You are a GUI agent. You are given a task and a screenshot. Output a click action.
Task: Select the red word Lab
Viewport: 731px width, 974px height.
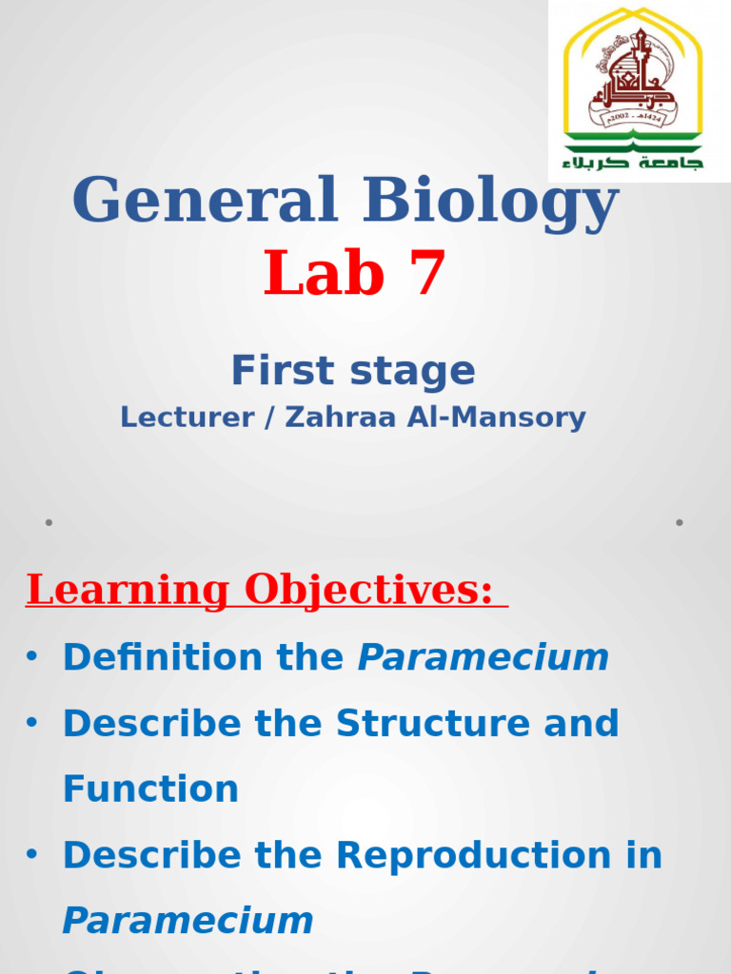pyautogui.click(x=324, y=274)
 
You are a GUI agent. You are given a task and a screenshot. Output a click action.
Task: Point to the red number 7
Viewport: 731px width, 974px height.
pyautogui.click(x=427, y=274)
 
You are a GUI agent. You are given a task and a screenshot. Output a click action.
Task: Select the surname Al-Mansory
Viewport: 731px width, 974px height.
pyautogui.click(x=492, y=418)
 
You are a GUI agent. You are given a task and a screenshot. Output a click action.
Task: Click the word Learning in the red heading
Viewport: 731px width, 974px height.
pyautogui.click(x=128, y=591)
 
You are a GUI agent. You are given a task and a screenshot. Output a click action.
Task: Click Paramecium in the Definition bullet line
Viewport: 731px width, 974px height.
pyautogui.click(x=483, y=657)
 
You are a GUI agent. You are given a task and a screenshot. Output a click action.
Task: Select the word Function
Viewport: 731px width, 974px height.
pyautogui.click(x=150, y=789)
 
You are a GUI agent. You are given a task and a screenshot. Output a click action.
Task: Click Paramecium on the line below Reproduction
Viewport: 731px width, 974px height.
pyautogui.click(x=188, y=921)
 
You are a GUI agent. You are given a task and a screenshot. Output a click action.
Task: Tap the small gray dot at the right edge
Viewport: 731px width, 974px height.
pyautogui.click(x=680, y=522)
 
